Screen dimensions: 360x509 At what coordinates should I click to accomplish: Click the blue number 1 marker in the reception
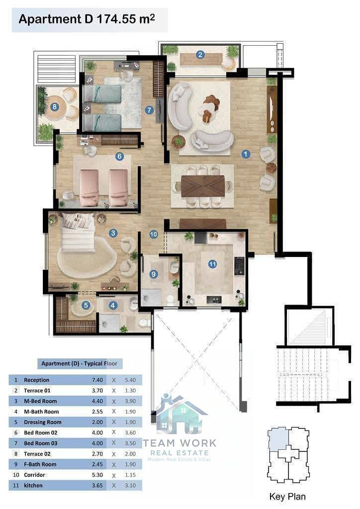pyautogui.click(x=246, y=154)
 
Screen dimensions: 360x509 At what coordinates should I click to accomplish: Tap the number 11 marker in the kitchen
pyautogui.click(x=213, y=264)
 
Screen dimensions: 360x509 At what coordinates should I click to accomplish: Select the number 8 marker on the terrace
pyautogui.click(x=55, y=106)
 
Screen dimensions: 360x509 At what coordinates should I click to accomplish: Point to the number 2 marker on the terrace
pyautogui.click(x=200, y=55)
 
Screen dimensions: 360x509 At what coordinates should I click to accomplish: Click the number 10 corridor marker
pyautogui.click(x=154, y=234)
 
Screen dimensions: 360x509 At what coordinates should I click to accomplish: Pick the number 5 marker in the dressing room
pyautogui.click(x=86, y=305)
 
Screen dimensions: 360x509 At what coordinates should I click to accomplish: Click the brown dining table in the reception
pyautogui.click(x=203, y=186)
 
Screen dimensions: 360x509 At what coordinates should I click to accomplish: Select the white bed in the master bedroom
pyautogui.click(x=78, y=232)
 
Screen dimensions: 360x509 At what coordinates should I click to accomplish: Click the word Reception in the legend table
pyautogui.click(x=36, y=380)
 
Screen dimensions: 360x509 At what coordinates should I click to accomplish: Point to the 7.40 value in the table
pyautogui.click(x=97, y=380)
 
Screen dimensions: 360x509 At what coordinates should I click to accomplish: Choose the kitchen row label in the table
pyautogui.click(x=33, y=485)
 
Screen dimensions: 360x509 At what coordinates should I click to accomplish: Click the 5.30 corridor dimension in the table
pyautogui.click(x=97, y=475)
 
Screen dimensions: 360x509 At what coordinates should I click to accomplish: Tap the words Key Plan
pyautogui.click(x=287, y=497)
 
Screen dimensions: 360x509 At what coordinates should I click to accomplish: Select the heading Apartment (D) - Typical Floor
pyautogui.click(x=79, y=363)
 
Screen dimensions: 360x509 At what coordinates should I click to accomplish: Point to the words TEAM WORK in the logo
pyautogui.click(x=180, y=443)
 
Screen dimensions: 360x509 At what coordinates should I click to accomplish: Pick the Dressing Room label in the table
pyautogui.click(x=43, y=422)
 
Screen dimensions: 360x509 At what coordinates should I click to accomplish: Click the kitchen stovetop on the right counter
pyautogui.click(x=239, y=265)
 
